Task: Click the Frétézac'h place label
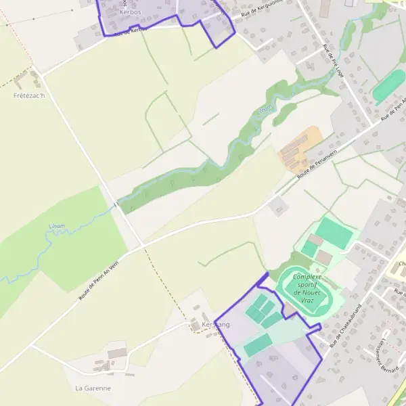click(x=29, y=95)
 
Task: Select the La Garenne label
click(x=93, y=388)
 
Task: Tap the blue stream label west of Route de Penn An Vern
click(x=58, y=226)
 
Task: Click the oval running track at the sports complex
click(x=309, y=291)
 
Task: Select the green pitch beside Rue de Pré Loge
click(x=388, y=86)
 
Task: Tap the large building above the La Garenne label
click(x=116, y=353)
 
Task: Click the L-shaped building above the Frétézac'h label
click(x=18, y=82)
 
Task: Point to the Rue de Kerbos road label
click(x=130, y=31)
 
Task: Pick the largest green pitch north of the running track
click(x=333, y=233)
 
